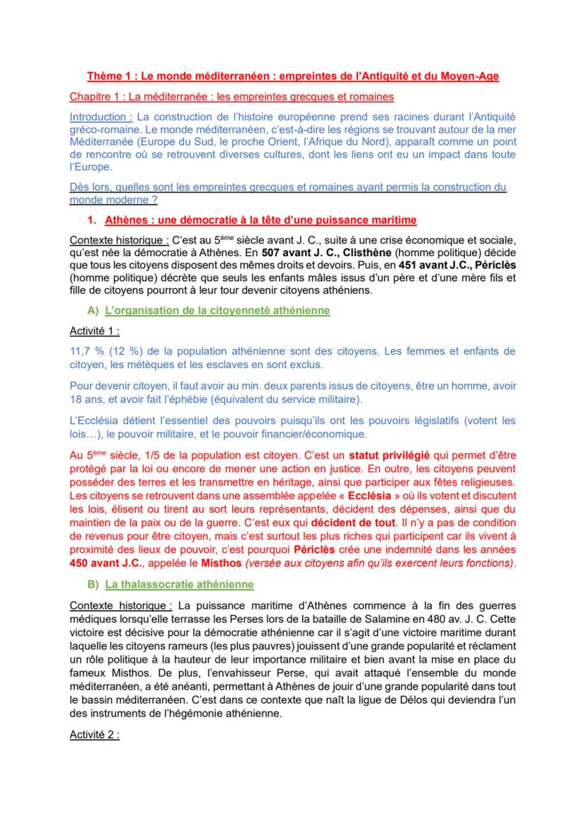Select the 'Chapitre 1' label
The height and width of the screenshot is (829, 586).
coord(96,96)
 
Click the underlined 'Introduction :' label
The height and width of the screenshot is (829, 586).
coord(100,116)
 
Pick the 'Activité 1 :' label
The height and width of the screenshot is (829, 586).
coord(94,331)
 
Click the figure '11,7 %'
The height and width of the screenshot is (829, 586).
coord(87,350)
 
